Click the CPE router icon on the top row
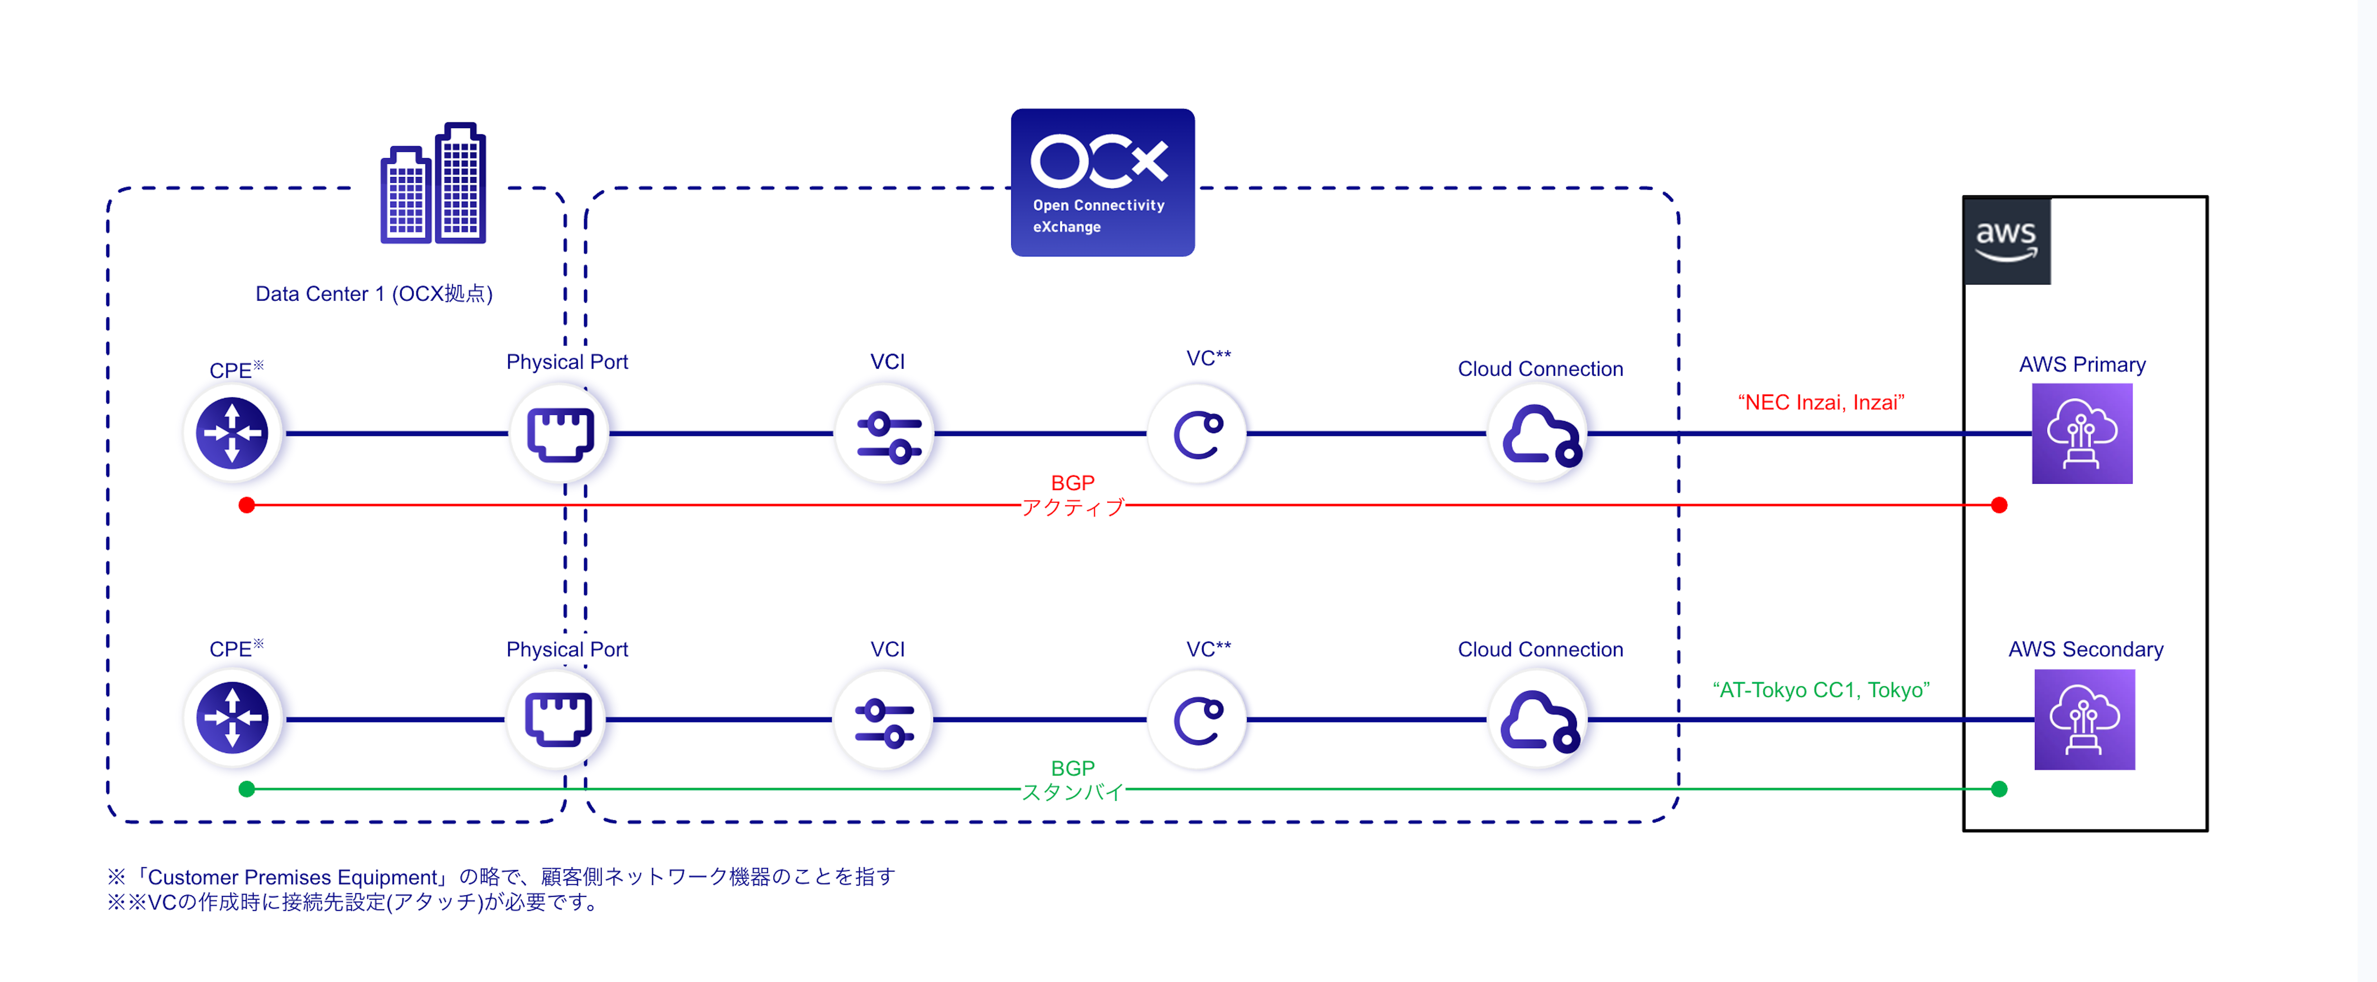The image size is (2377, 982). [x=232, y=433]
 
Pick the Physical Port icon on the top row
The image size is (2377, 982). [x=559, y=433]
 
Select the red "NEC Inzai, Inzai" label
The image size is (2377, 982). [x=1821, y=402]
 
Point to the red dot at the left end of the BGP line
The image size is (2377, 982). [x=246, y=505]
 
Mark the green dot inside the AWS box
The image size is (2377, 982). [x=1999, y=789]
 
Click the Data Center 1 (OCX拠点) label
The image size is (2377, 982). [x=374, y=294]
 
